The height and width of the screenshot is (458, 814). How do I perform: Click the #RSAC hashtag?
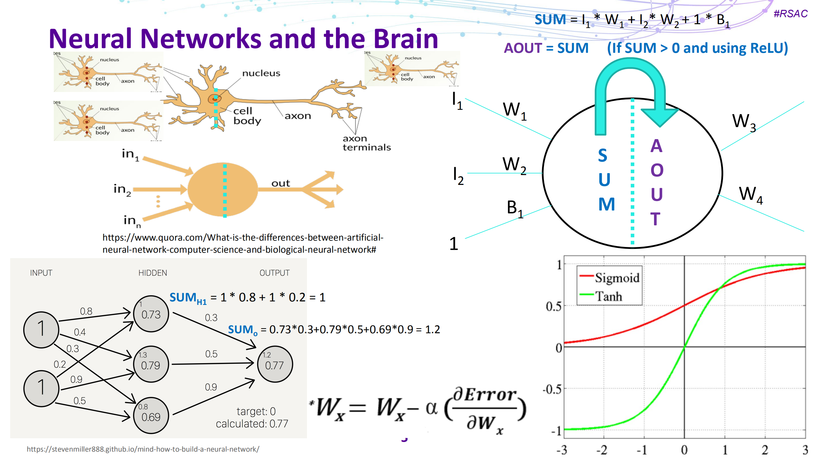790,14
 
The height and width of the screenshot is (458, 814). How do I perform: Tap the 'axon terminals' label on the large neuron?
366,143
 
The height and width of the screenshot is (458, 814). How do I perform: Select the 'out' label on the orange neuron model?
280,183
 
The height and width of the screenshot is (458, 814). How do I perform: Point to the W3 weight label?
743,122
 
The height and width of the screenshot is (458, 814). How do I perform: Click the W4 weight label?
750,194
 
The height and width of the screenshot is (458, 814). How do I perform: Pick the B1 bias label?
514,208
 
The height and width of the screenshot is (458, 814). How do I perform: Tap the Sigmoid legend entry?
616,278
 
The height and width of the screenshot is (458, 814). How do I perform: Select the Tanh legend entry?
608,296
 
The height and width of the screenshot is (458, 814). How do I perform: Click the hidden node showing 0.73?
151,314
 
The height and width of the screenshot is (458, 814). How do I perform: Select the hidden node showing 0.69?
151,416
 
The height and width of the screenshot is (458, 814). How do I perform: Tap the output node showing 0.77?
275,364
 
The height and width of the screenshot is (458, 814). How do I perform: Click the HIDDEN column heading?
152,273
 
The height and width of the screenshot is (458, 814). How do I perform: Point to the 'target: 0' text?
256,411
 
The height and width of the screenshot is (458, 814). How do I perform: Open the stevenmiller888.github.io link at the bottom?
143,449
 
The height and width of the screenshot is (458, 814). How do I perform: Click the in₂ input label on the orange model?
122,189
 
